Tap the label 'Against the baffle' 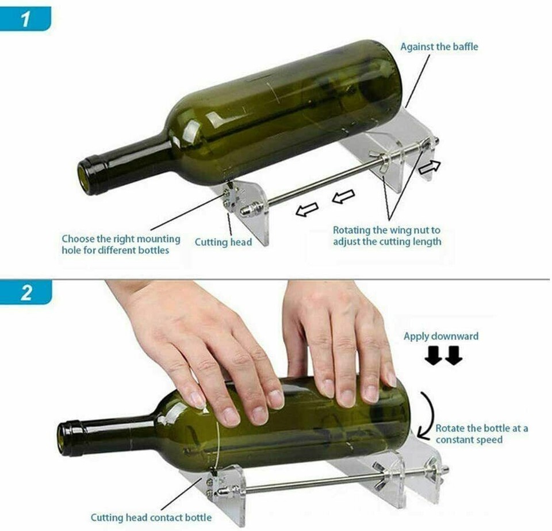point(439,47)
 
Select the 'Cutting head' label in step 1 point(223,242)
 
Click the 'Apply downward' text point(440,336)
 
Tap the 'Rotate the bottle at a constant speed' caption point(481,434)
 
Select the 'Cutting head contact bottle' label point(151,517)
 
